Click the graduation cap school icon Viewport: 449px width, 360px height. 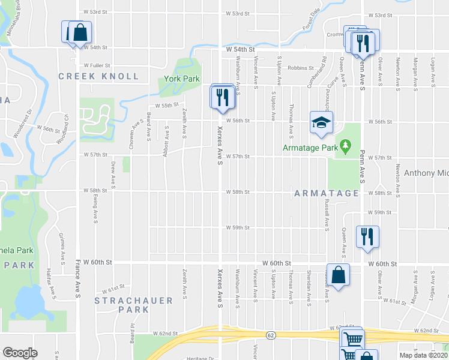[x=321, y=122]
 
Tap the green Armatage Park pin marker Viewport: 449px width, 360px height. [x=345, y=146]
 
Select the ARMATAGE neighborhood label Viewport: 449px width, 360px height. [x=327, y=193]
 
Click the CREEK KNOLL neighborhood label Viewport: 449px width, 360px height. [x=98, y=76]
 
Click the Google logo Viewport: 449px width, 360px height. [x=20, y=353]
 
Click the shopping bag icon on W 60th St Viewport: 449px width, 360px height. [x=339, y=275]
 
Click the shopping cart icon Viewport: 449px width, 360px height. [x=352, y=340]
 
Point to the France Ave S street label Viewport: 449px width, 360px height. [x=77, y=279]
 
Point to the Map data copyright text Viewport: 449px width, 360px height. [x=423, y=355]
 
